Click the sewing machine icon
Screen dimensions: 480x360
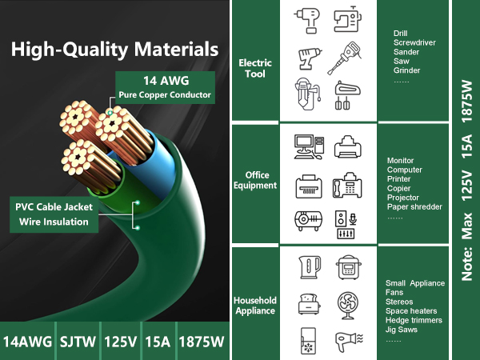pos(347,18)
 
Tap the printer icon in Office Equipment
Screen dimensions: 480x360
pos(347,146)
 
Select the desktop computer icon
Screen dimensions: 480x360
pos(309,147)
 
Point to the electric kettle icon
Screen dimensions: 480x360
pos(310,267)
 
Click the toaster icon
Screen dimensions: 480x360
pos(309,304)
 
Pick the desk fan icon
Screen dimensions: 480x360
pos(348,306)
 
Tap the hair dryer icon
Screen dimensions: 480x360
pos(349,342)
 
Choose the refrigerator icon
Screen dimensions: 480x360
pos(308,342)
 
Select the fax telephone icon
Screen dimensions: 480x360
pos(347,186)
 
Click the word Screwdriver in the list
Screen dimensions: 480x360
pos(414,42)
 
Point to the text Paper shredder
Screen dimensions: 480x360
pos(414,207)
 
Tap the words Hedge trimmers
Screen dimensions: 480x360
pos(414,320)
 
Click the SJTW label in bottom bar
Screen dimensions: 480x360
pos(78,342)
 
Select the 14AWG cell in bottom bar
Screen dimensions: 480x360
pos(27,342)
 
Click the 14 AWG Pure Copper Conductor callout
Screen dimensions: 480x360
pos(165,87)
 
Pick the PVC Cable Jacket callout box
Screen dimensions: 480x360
pos(54,214)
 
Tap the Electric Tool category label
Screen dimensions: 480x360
pos(255,68)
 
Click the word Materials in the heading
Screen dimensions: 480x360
pos(176,50)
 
